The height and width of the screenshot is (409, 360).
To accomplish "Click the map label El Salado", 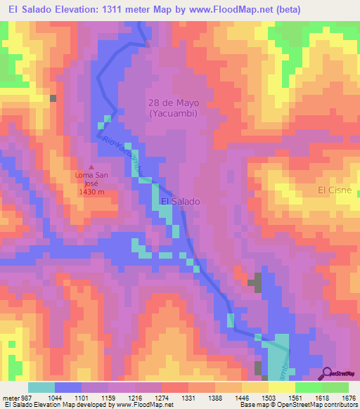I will tap(181, 201).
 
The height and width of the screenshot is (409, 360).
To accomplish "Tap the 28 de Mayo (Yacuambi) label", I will tap(173, 108).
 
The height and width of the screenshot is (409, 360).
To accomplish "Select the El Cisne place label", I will tap(334, 190).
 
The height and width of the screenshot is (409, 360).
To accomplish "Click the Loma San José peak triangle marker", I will tap(91, 167).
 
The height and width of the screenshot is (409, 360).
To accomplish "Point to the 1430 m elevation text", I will tap(91, 192).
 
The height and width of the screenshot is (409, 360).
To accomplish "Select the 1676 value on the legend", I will tap(349, 398).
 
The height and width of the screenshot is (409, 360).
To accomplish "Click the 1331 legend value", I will tap(188, 398).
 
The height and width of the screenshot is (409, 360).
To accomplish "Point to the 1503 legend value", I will tap(269, 398).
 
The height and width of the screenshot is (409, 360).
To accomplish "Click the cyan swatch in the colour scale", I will tap(41, 387).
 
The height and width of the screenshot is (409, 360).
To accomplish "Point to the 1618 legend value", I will tap(322, 398).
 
